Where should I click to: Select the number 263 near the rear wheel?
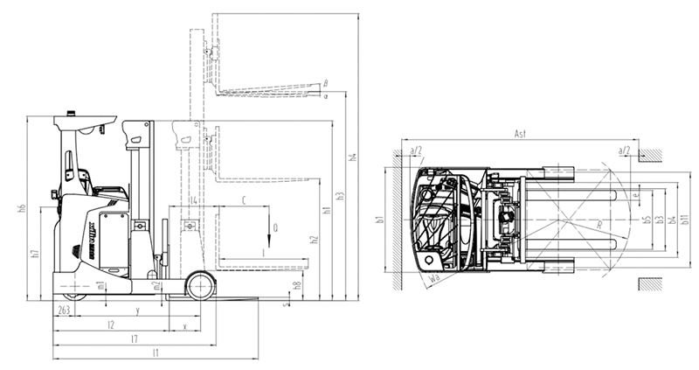[64, 311]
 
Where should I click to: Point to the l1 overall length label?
[156, 353]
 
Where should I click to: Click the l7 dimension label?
[134, 338]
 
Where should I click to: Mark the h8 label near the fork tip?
[297, 285]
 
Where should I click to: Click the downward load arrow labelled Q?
[271, 230]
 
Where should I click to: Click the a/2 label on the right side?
[624, 151]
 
